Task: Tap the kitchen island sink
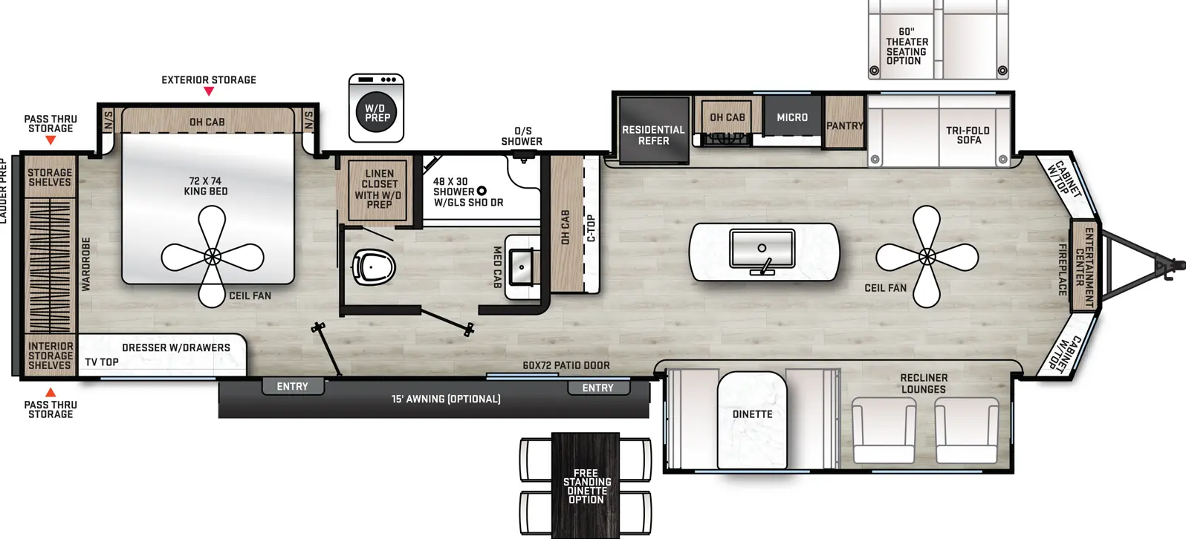click(762, 249)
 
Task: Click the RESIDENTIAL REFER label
click(653, 135)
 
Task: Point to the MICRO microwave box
click(792, 117)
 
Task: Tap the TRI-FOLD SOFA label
click(968, 135)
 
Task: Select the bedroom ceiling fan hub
click(213, 257)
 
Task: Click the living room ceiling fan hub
click(927, 257)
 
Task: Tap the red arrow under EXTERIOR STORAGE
click(209, 91)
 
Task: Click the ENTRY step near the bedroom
click(292, 386)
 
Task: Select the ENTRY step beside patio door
click(598, 388)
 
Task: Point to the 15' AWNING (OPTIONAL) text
click(446, 399)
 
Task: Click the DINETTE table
click(752, 419)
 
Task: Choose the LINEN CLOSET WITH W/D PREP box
click(379, 189)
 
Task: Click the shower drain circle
click(482, 191)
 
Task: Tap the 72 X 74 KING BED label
click(206, 186)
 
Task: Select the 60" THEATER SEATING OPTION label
click(907, 46)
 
